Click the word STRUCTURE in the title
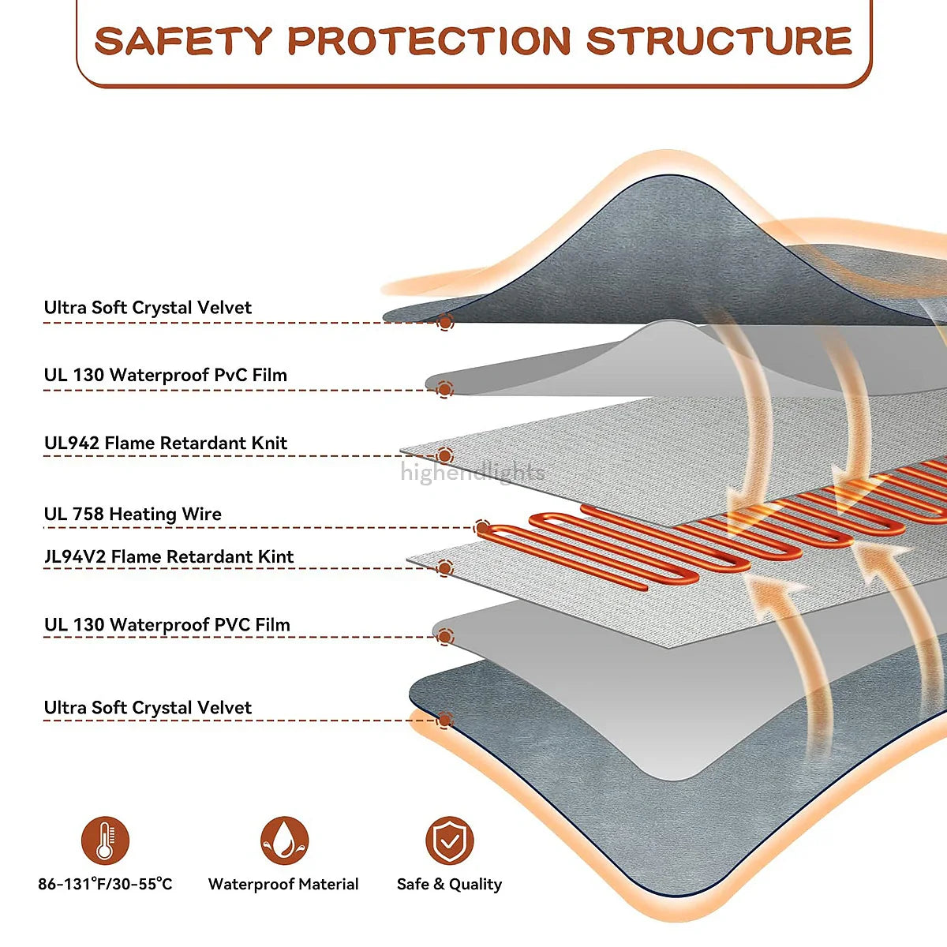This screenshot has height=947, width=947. [x=719, y=41]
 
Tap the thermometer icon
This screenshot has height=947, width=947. [x=105, y=840]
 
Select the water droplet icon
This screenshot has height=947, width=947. [x=284, y=840]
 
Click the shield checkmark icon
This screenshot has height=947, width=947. [x=449, y=840]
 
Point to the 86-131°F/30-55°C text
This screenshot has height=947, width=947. [x=105, y=884]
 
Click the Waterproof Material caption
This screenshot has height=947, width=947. [x=283, y=884]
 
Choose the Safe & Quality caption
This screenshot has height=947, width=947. [x=449, y=884]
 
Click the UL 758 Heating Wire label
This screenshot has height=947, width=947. [x=133, y=515]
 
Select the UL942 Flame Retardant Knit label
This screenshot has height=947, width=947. [x=166, y=444]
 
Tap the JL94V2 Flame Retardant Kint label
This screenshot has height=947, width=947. [x=169, y=557]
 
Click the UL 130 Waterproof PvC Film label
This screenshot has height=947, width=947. [x=166, y=375]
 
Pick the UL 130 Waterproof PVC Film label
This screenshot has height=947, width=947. [x=167, y=625]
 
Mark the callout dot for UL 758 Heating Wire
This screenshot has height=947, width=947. [x=483, y=527]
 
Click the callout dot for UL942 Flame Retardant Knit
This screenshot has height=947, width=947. [x=445, y=455]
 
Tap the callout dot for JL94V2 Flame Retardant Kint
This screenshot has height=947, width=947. [x=445, y=568]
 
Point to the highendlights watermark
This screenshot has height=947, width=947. [x=472, y=473]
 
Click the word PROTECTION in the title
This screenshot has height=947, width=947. [x=429, y=41]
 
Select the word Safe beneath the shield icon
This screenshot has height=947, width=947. [x=411, y=884]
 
